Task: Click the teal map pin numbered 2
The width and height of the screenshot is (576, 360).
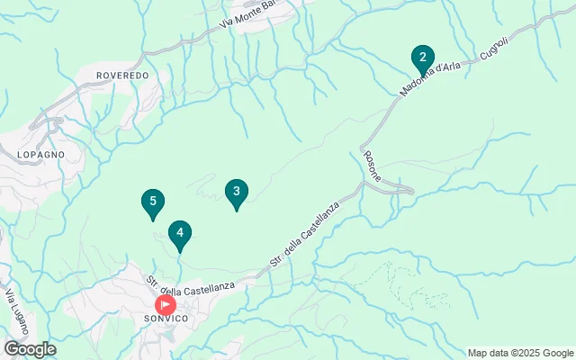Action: [422, 58]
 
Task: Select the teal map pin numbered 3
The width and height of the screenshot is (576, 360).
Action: [236, 193]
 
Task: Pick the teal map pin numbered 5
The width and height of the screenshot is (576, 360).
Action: [153, 202]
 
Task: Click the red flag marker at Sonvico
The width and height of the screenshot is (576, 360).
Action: [166, 304]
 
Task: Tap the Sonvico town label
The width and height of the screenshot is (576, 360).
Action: [166, 319]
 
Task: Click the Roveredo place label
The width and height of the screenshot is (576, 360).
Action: [121, 76]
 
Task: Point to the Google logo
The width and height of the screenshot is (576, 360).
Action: [29, 349]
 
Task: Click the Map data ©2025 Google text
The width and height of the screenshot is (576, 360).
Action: [520, 353]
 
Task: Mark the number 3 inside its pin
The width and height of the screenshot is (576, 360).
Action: [236, 191]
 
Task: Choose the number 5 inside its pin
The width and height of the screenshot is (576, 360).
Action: [153, 201]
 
